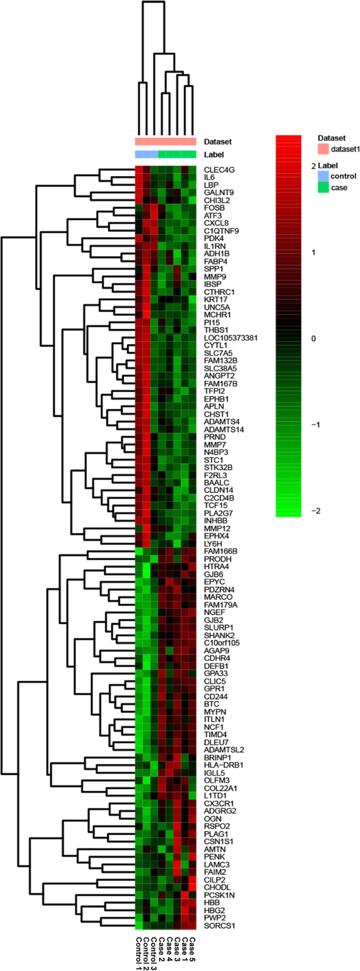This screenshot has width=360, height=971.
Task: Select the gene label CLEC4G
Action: [x=219, y=170]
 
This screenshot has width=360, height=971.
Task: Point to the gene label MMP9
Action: [x=214, y=277]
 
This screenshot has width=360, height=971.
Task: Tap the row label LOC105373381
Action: [x=230, y=338]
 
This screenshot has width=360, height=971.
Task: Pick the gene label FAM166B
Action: [x=221, y=551]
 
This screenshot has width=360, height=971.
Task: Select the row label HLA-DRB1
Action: [x=223, y=765]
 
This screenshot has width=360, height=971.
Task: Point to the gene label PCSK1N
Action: [x=218, y=894]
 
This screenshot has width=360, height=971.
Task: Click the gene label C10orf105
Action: [x=222, y=642]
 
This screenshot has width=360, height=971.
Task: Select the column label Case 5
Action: [x=192, y=950]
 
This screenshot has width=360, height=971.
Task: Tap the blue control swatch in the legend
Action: [x=323, y=176]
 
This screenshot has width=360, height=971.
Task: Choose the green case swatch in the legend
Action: [x=323, y=187]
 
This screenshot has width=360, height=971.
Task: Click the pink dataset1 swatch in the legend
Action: [x=323, y=149]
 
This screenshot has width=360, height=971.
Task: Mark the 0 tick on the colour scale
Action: [x=313, y=339]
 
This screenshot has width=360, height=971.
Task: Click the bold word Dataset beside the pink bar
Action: [x=218, y=141]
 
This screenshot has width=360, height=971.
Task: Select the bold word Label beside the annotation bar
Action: [x=214, y=155]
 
